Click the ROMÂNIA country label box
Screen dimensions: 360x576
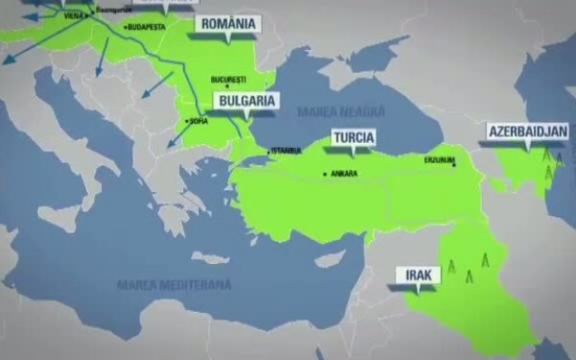(x=228, y=25)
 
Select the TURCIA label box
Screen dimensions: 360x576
(x=353, y=136)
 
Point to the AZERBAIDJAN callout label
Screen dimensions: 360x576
(x=528, y=131)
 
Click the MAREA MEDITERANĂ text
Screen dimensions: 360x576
(x=174, y=285)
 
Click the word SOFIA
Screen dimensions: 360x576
(x=197, y=123)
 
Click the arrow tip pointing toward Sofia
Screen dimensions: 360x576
(x=169, y=147)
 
